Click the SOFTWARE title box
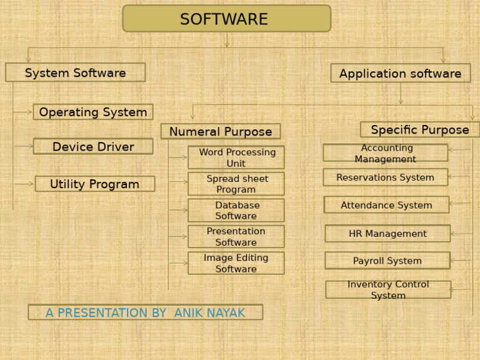[226, 18]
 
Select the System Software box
[75, 72]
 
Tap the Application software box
[401, 73]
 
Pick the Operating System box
[93, 112]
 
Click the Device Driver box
[93, 146]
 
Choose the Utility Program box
[95, 184]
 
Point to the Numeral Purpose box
[221, 131]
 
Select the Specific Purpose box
[420, 129]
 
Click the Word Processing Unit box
[236, 157]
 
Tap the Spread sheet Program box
[236, 184]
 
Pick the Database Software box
[236, 210]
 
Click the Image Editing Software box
[236, 263]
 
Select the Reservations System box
[386, 177]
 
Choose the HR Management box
[387, 234]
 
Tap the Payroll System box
[387, 261]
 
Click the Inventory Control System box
[388, 289]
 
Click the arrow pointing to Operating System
[22, 112]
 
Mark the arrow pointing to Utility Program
[24, 184]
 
